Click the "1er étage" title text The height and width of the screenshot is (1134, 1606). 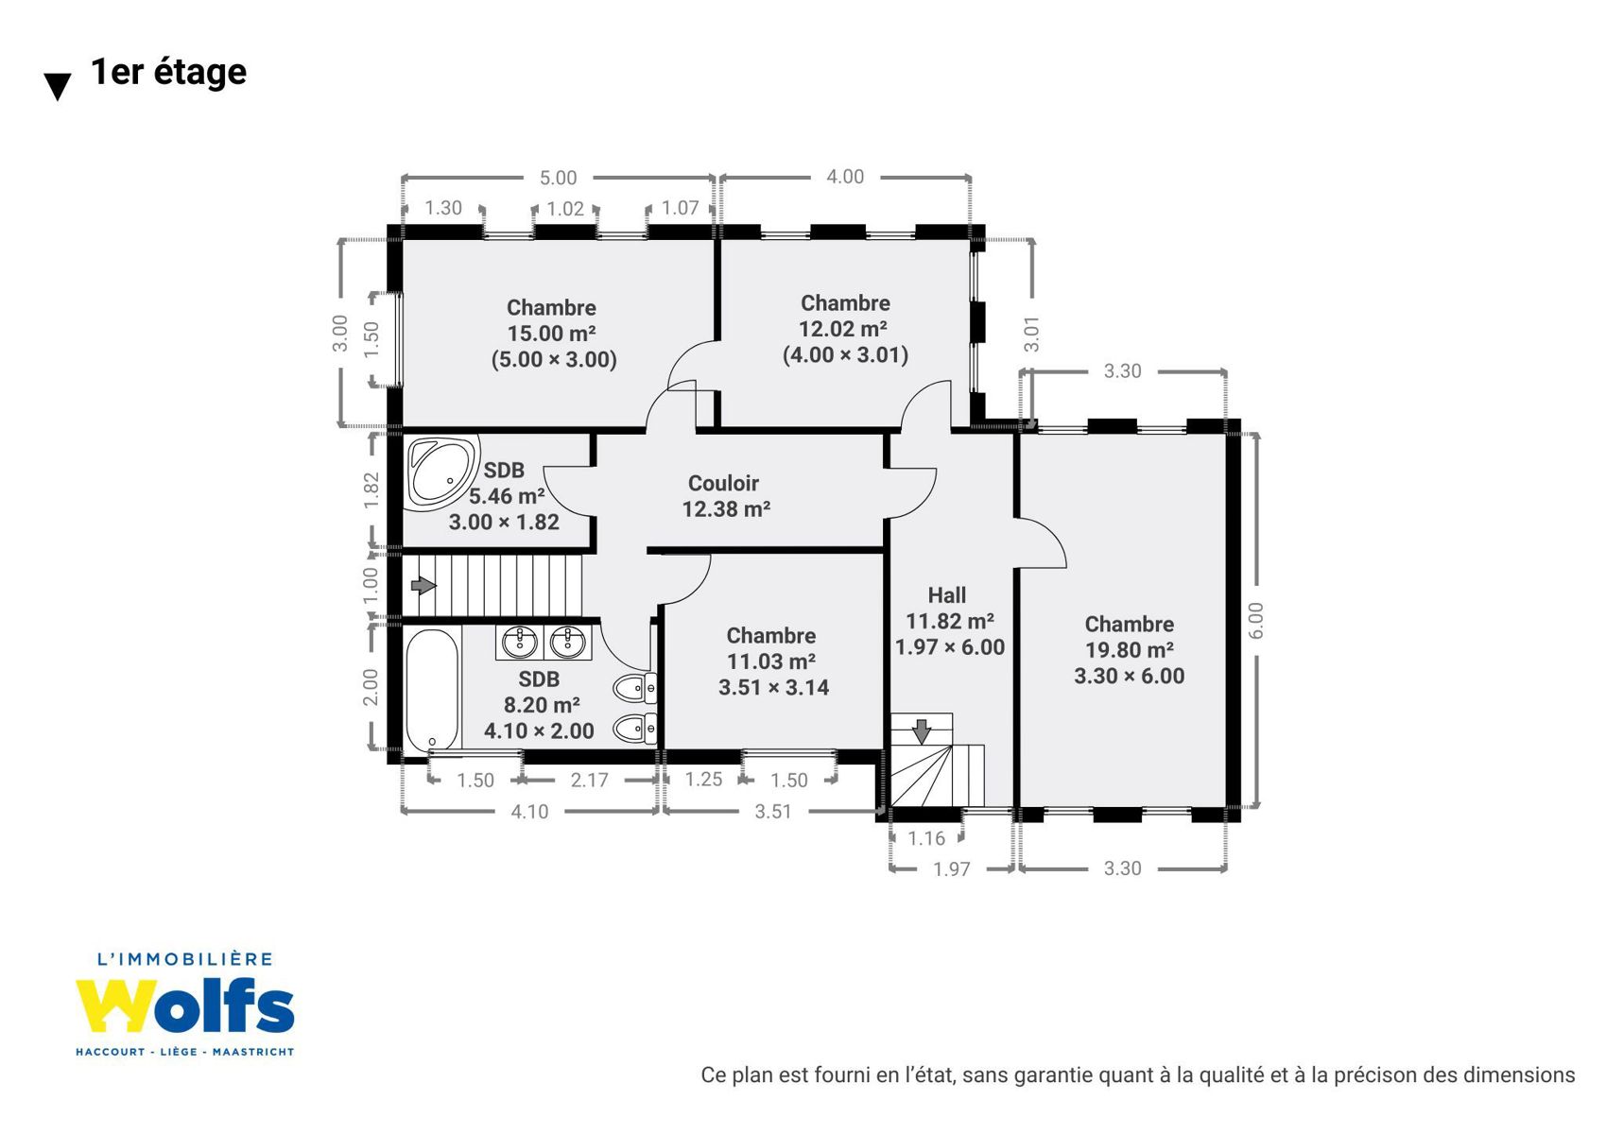(x=168, y=73)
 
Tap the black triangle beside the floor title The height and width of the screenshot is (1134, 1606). (x=58, y=87)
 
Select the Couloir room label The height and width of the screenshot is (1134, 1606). (x=723, y=483)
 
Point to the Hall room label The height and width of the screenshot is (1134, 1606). (x=947, y=595)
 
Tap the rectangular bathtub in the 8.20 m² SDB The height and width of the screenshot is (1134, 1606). (x=432, y=690)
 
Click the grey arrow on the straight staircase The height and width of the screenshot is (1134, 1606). (x=423, y=586)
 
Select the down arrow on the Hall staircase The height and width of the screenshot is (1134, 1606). (x=922, y=731)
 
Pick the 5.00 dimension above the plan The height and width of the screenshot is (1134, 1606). (x=558, y=178)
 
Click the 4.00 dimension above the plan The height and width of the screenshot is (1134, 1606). (x=845, y=177)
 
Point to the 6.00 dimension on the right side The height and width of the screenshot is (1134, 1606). (x=1255, y=621)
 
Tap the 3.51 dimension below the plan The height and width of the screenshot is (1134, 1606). (x=773, y=812)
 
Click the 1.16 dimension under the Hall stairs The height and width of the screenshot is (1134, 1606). (x=926, y=838)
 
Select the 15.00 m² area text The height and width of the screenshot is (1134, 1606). (x=552, y=334)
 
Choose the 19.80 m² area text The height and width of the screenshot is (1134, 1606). (x=1130, y=650)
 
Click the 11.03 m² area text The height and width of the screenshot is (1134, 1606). (x=771, y=661)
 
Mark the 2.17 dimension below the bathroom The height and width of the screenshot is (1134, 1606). (x=589, y=780)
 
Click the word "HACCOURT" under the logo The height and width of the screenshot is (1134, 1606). (x=111, y=1052)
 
